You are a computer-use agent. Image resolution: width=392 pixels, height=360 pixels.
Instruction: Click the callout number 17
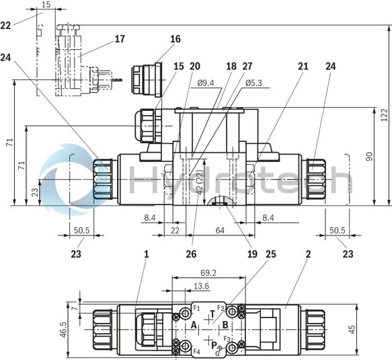120,39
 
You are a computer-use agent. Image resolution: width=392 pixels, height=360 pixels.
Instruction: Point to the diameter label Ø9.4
207,83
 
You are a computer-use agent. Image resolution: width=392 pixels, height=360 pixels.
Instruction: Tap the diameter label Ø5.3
254,83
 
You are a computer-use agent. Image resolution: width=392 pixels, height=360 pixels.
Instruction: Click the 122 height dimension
384,115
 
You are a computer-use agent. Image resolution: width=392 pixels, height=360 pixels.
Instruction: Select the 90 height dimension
369,156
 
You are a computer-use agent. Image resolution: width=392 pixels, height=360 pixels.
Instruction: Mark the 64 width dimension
219,231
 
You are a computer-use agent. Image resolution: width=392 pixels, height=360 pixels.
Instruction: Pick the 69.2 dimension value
208,273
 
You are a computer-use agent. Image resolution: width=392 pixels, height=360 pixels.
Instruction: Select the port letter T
213,314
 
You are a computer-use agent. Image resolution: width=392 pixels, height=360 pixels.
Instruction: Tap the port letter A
194,325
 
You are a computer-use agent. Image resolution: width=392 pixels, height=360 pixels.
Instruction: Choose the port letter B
225,325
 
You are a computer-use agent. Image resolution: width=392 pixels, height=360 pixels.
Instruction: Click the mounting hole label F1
196,308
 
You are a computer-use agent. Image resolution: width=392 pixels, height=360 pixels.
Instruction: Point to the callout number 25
271,254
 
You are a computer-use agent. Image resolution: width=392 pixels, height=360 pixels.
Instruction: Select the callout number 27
246,67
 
